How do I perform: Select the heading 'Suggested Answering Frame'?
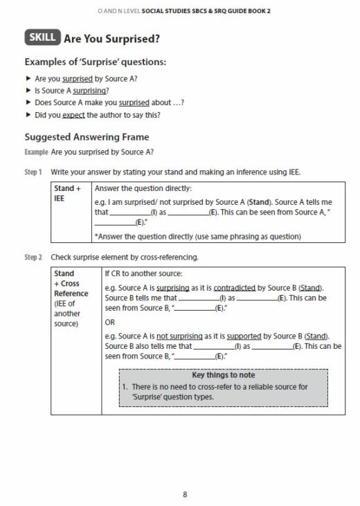click(87, 137)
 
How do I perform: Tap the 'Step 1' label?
click(35, 170)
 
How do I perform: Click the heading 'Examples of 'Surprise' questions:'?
click(95, 62)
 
